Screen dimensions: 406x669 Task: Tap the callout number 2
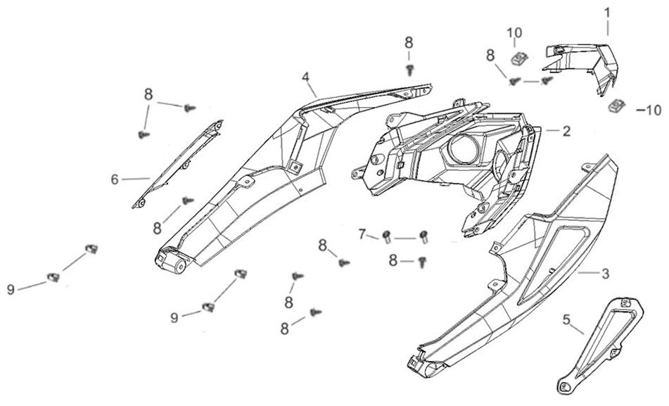(x=566, y=130)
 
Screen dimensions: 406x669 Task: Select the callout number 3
(x=603, y=272)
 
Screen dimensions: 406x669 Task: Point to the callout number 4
(x=305, y=76)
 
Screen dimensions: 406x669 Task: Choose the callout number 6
(x=115, y=179)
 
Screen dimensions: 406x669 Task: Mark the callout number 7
(x=362, y=233)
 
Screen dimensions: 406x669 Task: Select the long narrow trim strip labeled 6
(x=179, y=163)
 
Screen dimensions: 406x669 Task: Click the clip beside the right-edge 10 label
(x=617, y=106)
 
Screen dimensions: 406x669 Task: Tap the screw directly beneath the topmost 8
(x=409, y=68)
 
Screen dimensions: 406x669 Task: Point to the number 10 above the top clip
(x=515, y=32)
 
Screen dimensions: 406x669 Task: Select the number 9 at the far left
(x=11, y=288)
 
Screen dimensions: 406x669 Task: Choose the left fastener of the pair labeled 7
(x=387, y=235)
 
